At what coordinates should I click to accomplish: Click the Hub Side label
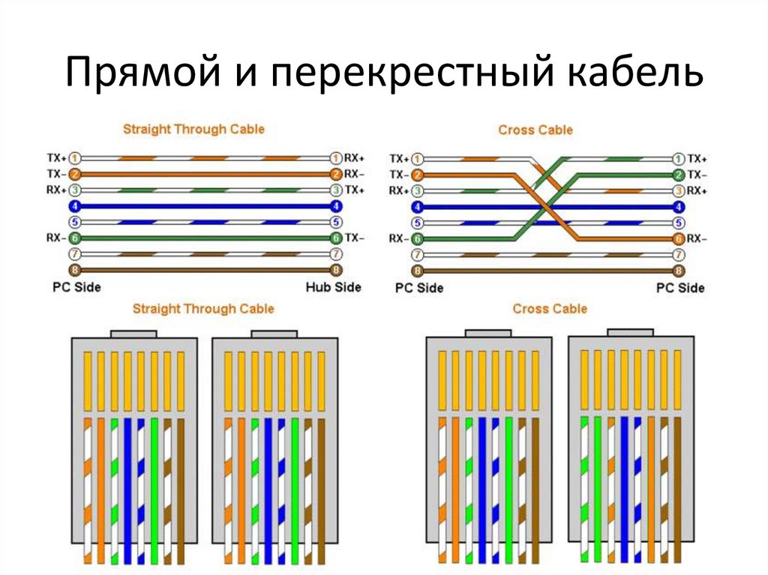pyautogui.click(x=334, y=287)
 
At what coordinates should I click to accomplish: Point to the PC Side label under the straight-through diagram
pyautogui.click(x=76, y=287)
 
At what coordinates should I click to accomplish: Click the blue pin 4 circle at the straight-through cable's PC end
pyautogui.click(x=75, y=206)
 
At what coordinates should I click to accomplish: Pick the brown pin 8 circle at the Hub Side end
pyautogui.click(x=336, y=270)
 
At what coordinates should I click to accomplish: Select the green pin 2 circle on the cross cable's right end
pyautogui.click(x=679, y=174)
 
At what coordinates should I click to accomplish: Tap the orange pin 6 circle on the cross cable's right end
pyautogui.click(x=679, y=239)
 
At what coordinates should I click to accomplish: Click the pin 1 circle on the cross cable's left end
pyautogui.click(x=418, y=158)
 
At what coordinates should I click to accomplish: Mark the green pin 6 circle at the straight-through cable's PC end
pyautogui.click(x=75, y=238)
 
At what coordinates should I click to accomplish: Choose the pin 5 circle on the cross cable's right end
pyautogui.click(x=679, y=223)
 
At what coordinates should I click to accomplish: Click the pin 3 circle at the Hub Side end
pyautogui.click(x=336, y=190)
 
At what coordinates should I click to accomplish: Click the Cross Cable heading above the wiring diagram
pyautogui.click(x=535, y=130)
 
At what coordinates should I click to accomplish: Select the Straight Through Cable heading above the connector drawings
pyautogui.click(x=203, y=309)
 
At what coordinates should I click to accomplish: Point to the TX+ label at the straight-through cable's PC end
pyautogui.click(x=56, y=158)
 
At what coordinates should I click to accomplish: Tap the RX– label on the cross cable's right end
pyautogui.click(x=697, y=239)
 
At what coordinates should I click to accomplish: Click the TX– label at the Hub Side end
pyautogui.click(x=355, y=238)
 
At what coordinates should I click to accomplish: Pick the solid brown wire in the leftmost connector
pyautogui.click(x=180, y=487)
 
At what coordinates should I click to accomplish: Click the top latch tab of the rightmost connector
pyautogui.click(x=630, y=331)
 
